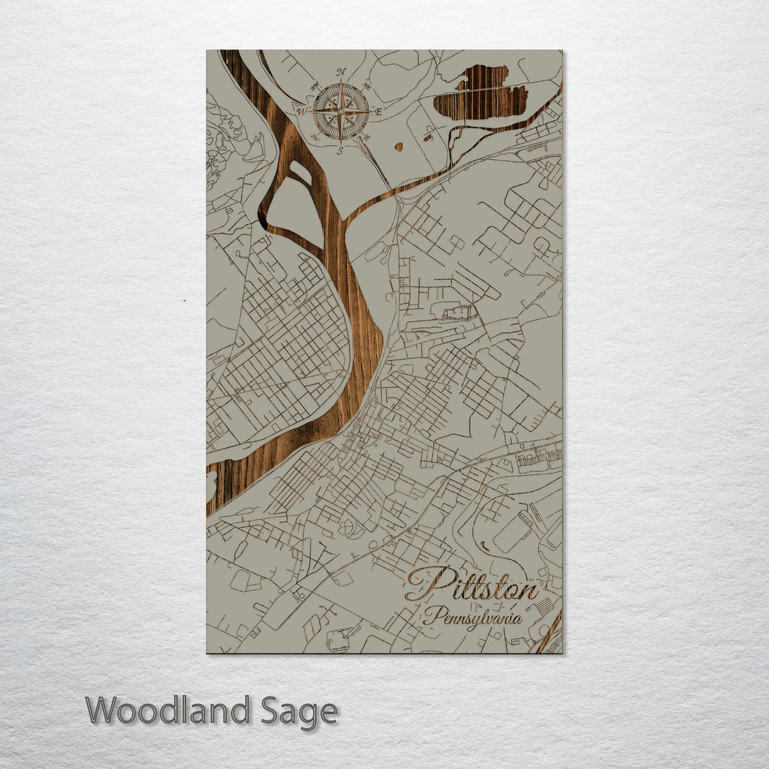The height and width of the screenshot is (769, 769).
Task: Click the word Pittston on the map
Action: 471,585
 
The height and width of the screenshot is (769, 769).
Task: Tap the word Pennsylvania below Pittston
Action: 473,617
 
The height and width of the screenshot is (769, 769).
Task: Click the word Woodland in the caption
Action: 168,711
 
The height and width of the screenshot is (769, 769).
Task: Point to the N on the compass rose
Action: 341,72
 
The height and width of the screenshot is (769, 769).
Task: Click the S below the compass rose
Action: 340,150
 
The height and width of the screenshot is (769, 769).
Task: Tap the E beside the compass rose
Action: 379,112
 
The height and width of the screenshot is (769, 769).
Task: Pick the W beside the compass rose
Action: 301,111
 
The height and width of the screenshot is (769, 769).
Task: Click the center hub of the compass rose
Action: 341,111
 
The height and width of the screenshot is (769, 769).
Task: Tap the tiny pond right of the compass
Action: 398,147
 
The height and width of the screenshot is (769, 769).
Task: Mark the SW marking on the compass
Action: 314,137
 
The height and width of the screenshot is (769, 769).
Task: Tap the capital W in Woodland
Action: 102,711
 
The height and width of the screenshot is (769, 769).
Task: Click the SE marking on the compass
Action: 367,137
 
